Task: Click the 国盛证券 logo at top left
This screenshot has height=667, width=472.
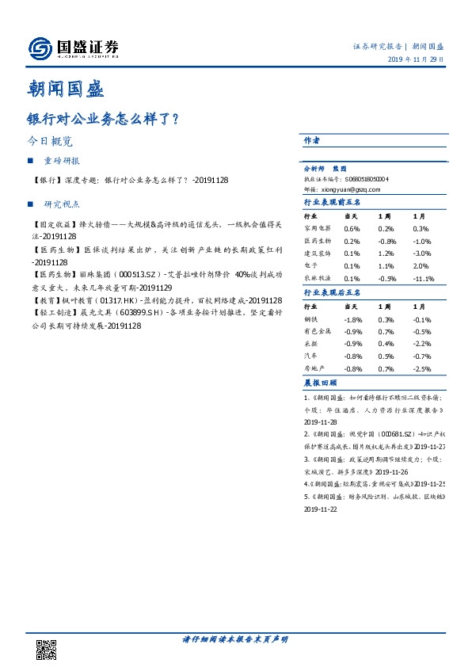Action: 73,48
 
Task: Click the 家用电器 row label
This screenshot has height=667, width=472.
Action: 316,228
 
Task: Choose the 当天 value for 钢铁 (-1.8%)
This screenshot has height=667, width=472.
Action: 352,319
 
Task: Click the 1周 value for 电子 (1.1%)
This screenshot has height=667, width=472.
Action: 386,266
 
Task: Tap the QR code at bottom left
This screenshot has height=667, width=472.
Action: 47,649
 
